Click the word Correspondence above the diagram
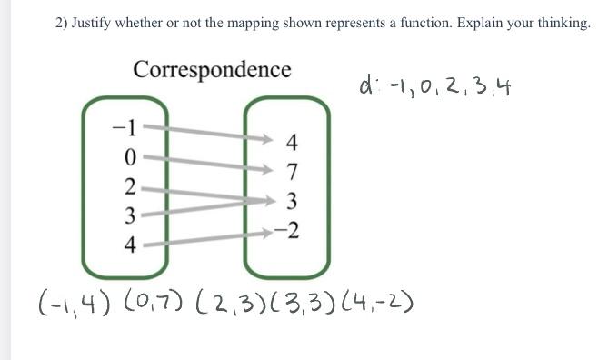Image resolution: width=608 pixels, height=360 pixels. tap(212, 69)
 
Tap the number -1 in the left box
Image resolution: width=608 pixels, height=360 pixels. tap(124, 126)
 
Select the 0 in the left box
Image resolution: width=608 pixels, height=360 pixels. tap(130, 156)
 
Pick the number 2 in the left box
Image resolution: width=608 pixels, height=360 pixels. tap(130, 186)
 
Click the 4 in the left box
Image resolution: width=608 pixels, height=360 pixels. tap(130, 245)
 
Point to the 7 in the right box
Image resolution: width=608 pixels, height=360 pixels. tap(292, 171)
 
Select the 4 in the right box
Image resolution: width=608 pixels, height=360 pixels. tap(291, 142)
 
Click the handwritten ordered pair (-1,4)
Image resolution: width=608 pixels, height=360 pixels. tap(68, 300)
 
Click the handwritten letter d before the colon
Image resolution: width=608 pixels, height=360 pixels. tap(365, 85)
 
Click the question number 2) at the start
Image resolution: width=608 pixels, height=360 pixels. tap(63, 23)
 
